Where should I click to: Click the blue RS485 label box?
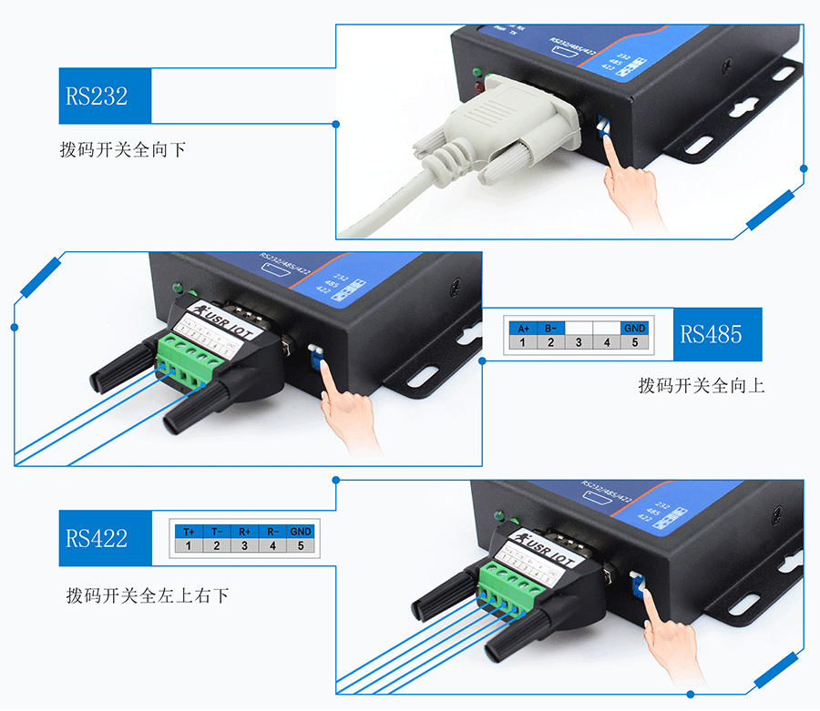(712, 333)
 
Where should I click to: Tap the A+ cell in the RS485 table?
(523, 328)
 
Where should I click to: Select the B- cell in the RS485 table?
(551, 328)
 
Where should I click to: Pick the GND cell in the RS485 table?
(635, 328)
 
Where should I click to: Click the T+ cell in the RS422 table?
(189, 531)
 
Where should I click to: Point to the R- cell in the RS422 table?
(272, 531)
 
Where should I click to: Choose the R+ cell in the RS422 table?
(244, 531)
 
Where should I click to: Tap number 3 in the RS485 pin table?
(579, 343)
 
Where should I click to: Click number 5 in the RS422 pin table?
(301, 546)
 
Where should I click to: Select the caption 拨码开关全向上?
(702, 386)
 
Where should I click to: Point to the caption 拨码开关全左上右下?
(148, 596)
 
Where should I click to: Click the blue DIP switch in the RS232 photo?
(602, 126)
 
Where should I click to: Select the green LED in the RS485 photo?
(177, 289)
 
